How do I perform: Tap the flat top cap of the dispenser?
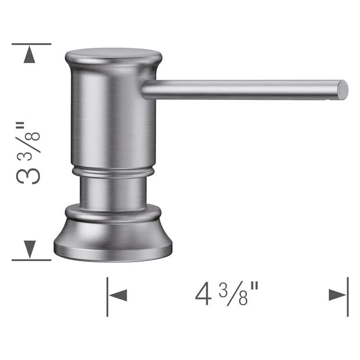click(x=113, y=54)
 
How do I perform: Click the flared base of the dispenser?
click(x=113, y=240)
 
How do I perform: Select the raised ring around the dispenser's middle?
click(x=113, y=171)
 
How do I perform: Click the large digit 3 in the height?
click(x=28, y=176)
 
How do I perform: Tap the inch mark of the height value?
click(x=20, y=128)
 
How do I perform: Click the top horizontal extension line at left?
click(x=31, y=44)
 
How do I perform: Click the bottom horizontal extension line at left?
click(x=31, y=260)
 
